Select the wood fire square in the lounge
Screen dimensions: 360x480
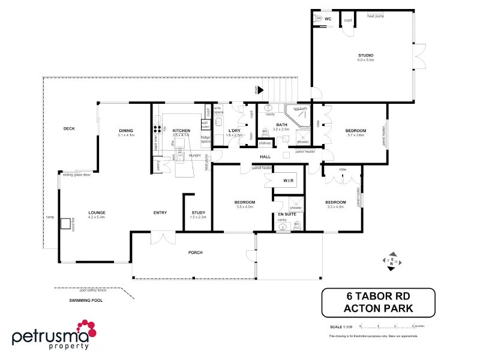point(64,223)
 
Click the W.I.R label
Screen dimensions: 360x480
point(287,181)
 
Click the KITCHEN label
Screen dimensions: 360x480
point(181,130)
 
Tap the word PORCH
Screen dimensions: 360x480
point(196,253)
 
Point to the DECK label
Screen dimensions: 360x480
point(69,128)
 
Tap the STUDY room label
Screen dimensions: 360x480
point(199,212)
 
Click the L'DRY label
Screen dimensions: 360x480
point(235,130)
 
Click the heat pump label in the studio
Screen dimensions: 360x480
point(376,16)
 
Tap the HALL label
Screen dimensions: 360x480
point(265,157)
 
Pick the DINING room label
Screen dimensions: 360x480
point(125,130)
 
